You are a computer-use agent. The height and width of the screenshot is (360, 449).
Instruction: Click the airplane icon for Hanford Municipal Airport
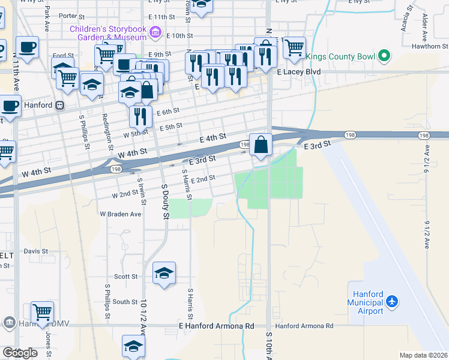coord(392,301)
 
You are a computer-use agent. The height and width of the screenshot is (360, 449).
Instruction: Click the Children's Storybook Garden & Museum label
coord(108,33)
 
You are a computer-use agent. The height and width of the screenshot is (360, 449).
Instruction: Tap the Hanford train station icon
coord(59,105)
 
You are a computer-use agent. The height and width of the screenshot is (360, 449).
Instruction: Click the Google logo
coord(19,353)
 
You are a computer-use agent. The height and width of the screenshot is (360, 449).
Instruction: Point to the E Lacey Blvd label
coord(299,71)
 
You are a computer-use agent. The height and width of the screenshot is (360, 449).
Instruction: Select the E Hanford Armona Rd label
coord(217,326)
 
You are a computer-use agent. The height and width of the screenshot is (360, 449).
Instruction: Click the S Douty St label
coord(165,201)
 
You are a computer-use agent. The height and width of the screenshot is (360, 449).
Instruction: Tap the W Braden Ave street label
coord(120,214)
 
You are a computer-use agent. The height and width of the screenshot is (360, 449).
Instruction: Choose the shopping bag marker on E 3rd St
coord(261,145)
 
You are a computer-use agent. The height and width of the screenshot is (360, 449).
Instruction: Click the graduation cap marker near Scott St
coord(164,274)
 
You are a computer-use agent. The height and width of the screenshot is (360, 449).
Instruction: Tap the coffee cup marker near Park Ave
coord(27,46)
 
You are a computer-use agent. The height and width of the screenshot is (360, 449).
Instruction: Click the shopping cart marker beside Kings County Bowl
coord(294,47)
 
